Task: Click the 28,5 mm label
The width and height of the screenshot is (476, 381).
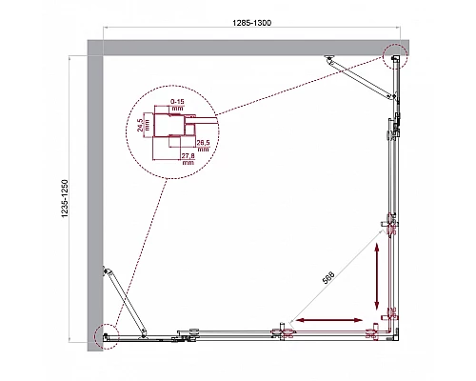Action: coord(202,143)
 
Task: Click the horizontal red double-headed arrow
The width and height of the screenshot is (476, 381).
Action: coord(330,320)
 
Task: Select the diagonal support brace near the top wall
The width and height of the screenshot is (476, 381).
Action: coord(361,78)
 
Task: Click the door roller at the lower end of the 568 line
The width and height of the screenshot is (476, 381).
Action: coord(283,333)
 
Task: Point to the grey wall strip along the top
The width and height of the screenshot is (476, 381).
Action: coord(248,47)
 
